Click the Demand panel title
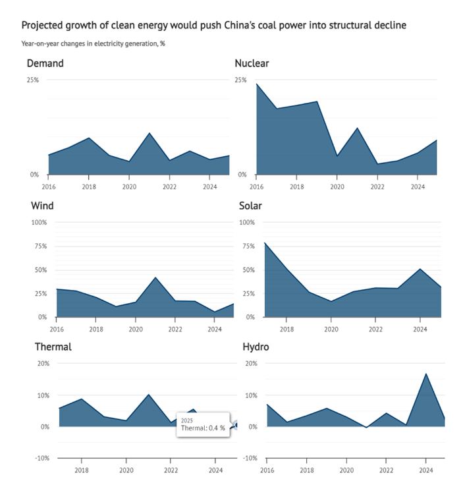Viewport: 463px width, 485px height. [45, 64]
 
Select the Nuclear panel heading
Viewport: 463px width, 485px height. [252, 64]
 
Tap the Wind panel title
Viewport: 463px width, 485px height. [42, 206]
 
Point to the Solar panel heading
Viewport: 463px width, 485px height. [251, 206]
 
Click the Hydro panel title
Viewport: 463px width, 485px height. [256, 347]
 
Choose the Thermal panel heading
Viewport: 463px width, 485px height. [53, 347]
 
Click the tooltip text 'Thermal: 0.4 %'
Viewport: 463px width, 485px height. [203, 428]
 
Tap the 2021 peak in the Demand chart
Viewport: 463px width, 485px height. [150, 134]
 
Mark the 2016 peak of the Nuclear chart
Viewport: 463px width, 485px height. [257, 84]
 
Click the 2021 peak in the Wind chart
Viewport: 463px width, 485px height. [155, 277]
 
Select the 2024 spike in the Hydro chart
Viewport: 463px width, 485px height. [426, 374]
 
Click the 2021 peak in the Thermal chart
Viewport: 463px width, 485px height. [149, 395]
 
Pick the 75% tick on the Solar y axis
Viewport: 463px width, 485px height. [247, 246]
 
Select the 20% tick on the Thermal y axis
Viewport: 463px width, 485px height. [43, 363]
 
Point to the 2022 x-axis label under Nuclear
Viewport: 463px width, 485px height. [377, 186]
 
